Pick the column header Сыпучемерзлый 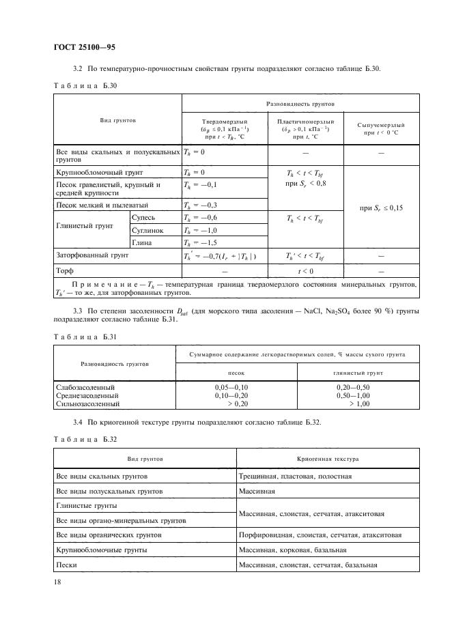point(381,125)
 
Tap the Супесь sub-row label point(145,217)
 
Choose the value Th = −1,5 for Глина point(199,242)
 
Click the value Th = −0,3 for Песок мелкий point(199,205)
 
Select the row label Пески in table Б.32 point(66,565)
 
